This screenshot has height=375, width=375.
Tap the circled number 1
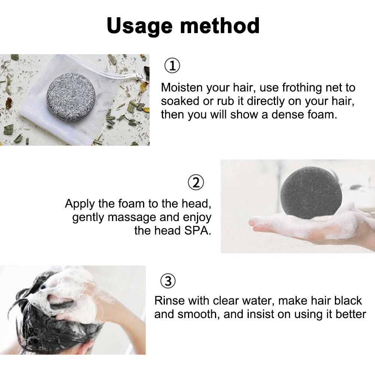point(172,66)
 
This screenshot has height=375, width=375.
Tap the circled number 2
point(196,182)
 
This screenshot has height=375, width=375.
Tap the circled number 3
point(168,281)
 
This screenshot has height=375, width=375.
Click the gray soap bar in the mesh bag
point(71,97)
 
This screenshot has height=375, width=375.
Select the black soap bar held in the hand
point(311,193)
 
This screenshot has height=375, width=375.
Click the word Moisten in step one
point(182,87)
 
